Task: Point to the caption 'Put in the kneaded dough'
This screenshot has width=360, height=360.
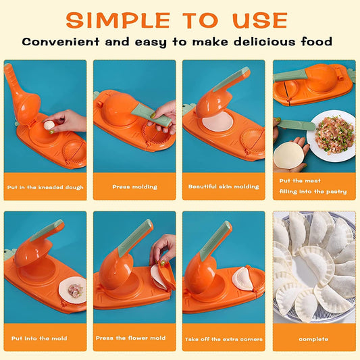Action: pos(45,186)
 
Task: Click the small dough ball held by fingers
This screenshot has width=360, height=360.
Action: pos(48,125)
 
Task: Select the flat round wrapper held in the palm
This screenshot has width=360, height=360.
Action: pos(288,155)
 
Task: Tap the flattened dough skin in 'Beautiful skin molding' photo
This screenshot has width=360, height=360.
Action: pos(217,122)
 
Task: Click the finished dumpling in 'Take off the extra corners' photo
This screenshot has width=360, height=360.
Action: pos(242,277)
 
